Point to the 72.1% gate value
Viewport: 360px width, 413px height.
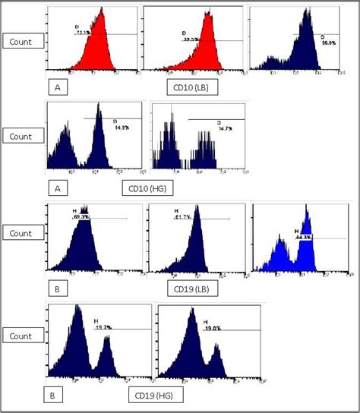pos(83,33)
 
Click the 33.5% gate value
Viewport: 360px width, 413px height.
pos(191,39)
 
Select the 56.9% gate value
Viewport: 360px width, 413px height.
pos(328,43)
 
